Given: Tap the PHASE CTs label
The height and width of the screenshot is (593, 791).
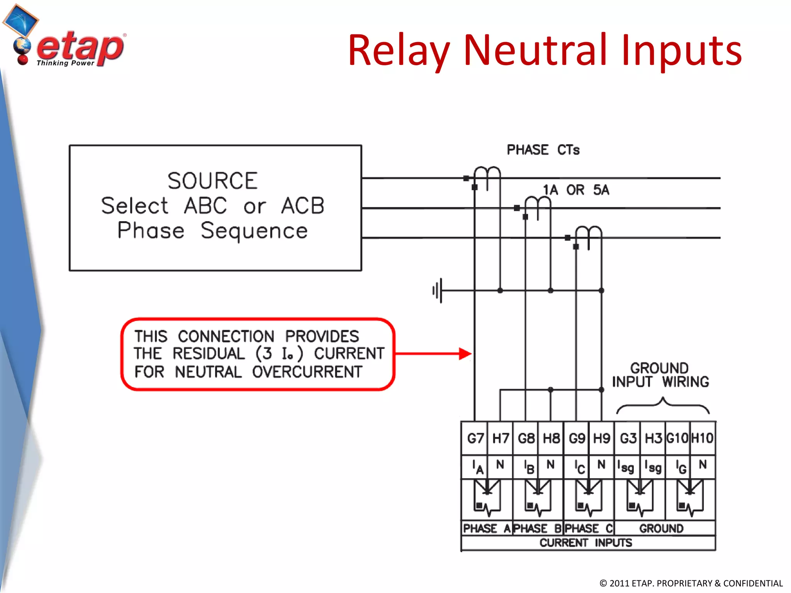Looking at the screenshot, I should point(543,150).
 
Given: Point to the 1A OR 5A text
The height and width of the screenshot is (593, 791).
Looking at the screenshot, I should point(575,190).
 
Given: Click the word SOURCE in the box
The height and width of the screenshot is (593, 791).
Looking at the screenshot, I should point(212,181).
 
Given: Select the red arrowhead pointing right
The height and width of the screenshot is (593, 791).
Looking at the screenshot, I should point(465,353).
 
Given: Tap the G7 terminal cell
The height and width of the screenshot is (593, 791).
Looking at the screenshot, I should point(475,438).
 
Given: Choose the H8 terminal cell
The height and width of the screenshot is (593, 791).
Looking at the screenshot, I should point(551,438).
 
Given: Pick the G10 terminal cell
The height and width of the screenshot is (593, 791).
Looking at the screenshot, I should point(677,438).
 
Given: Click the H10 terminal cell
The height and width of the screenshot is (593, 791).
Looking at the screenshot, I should point(702,438).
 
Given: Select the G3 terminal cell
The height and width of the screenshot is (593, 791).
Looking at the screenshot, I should point(628,438).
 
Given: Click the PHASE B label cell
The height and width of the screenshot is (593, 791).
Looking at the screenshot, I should point(538,528).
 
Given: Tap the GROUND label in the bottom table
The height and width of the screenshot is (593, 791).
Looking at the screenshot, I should point(661,528).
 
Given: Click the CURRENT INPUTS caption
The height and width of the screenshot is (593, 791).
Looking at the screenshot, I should point(586,543).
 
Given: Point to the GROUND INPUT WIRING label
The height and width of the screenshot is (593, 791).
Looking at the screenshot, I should point(660,375).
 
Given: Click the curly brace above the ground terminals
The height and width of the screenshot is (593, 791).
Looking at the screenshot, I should point(662,405).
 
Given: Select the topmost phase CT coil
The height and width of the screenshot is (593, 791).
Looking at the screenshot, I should point(487,174).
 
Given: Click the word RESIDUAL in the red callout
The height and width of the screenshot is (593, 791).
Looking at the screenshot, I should point(209,354).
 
